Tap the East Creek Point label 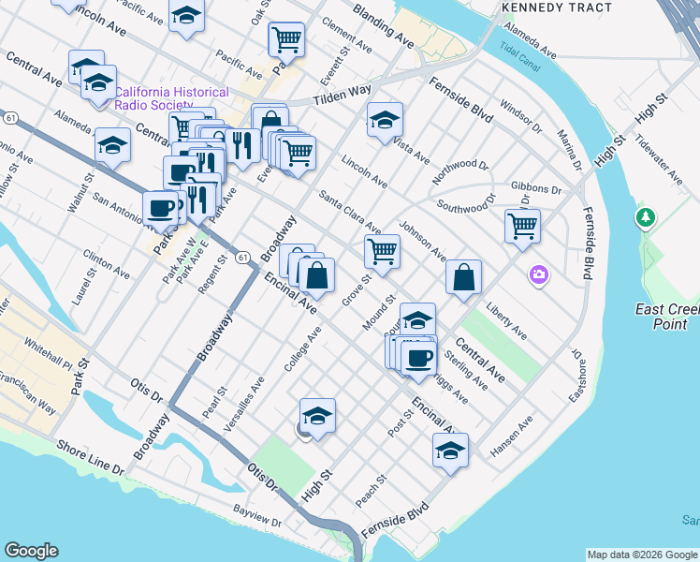pos(666,317)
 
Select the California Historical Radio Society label pos(171,98)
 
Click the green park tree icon pos(645,218)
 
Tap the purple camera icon pos(539,274)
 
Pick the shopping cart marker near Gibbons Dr pos(522,225)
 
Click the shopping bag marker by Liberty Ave pos(463,277)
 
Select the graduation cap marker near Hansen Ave pos(450,450)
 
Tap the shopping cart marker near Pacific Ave pos(286,39)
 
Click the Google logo pos(31,551)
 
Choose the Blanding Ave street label pos(383,26)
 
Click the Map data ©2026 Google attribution pos(642,555)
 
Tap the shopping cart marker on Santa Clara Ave pos(382,250)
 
